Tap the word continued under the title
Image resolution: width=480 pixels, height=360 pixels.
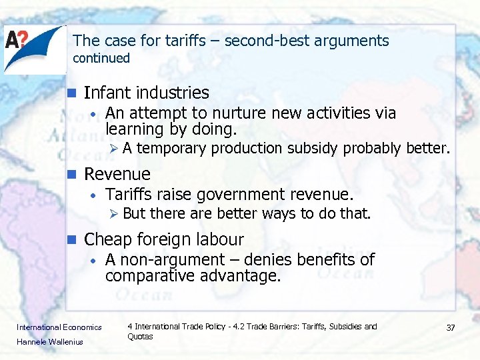pos(101,58)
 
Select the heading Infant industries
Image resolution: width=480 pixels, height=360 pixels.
pos(146,93)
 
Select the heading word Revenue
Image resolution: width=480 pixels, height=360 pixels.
pos(117,174)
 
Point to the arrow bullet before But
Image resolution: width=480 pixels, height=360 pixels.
pos(114,214)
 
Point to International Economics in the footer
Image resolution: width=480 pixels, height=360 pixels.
pos(59,327)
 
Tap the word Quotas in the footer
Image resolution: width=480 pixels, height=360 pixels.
pos(140,337)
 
